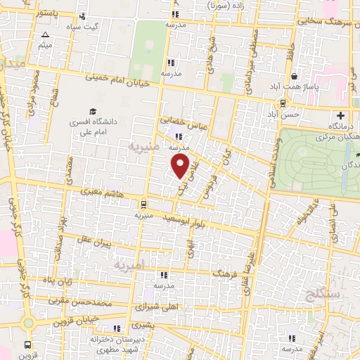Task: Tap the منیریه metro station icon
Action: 144,205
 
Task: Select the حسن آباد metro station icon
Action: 282,103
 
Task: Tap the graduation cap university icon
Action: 92,111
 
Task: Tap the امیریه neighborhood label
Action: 131,265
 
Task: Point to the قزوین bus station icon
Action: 28,345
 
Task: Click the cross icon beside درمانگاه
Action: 342,115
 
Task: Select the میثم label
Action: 46,46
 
